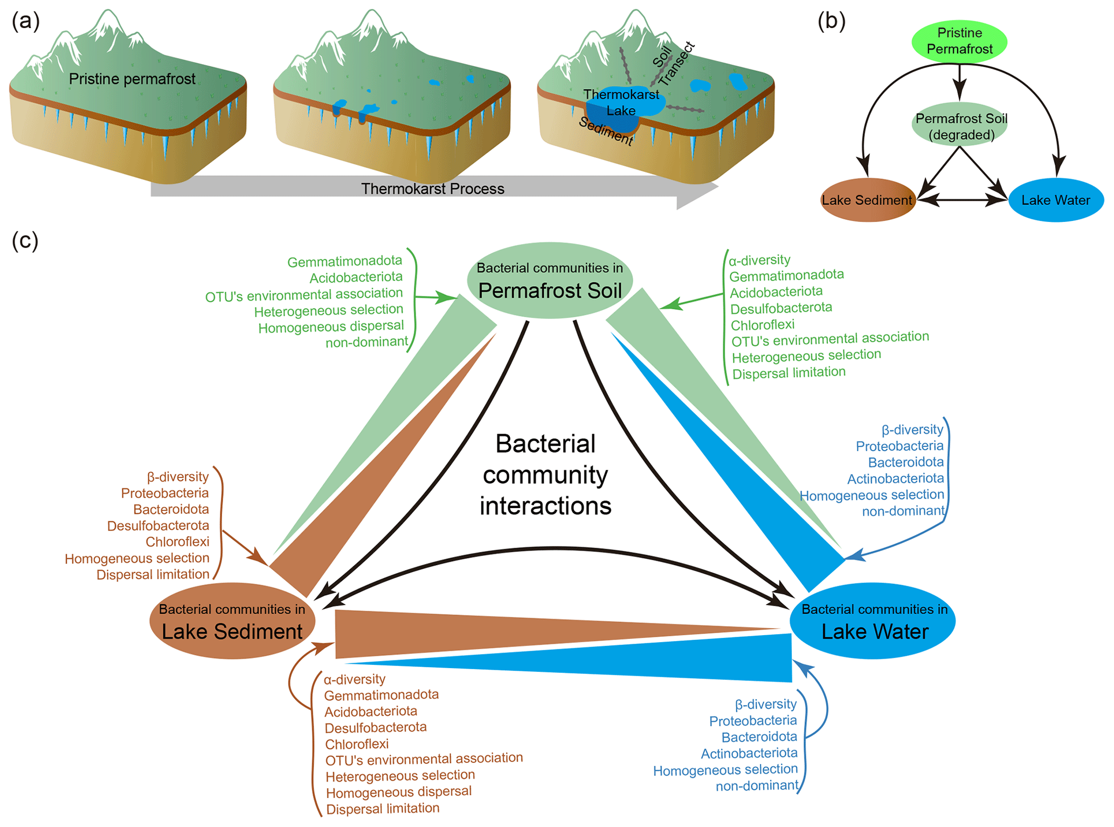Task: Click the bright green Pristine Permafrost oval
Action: [x=959, y=41]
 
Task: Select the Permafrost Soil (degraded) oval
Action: [x=961, y=126]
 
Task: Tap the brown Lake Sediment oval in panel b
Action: [x=867, y=200]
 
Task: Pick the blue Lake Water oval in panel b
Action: [x=1055, y=200]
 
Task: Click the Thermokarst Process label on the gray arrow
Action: [x=432, y=189]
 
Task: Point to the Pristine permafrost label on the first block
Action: [x=132, y=79]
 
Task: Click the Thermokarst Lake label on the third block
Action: [x=621, y=102]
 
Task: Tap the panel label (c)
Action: [x=25, y=240]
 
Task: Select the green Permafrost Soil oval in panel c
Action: [x=550, y=280]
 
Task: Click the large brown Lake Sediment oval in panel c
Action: [x=232, y=621]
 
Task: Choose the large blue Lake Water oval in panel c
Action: [x=873, y=621]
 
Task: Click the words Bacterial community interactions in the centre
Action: [x=545, y=475]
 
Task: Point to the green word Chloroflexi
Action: [x=762, y=325]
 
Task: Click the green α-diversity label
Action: [x=759, y=260]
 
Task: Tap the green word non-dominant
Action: [x=366, y=342]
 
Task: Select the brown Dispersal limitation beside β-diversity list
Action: [x=153, y=574]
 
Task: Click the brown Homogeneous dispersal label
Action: [x=398, y=792]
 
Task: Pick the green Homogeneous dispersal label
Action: [x=331, y=327]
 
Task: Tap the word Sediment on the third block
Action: [x=605, y=131]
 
